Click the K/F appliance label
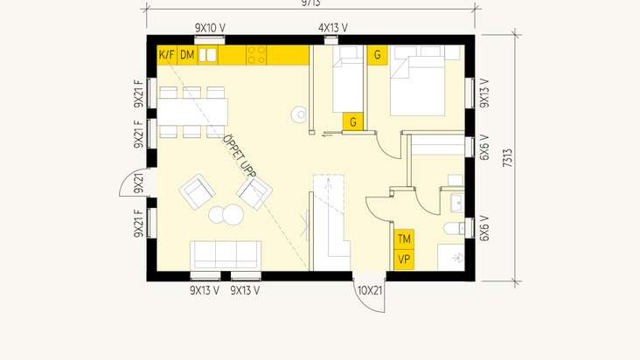point(166,56)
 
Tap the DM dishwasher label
point(187,56)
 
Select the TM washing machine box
point(404,239)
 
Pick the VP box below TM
point(404,260)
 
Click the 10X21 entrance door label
point(370,290)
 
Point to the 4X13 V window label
point(332,28)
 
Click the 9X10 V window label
point(210,28)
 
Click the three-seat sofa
point(226,255)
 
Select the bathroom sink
point(456,203)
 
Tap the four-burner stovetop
point(256,56)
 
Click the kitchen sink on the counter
point(208,56)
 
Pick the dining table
point(192,111)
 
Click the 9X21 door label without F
point(138,183)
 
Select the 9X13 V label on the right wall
point(483,93)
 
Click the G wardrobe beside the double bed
point(379,55)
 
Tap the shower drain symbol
point(455,258)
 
